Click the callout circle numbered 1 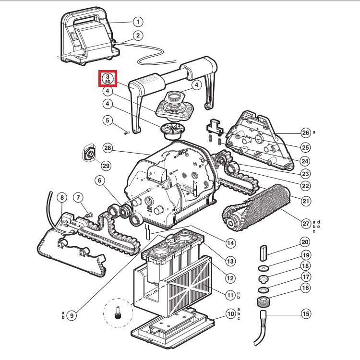tap(138, 22)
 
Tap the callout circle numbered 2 tap(138, 35)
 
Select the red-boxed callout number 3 tap(108, 78)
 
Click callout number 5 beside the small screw tap(108, 120)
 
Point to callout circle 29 tap(106, 166)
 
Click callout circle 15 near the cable tap(305, 314)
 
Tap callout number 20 tap(305, 242)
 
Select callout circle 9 tap(72, 315)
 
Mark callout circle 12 tap(231, 277)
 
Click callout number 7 tap(78, 197)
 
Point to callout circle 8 tap(61, 197)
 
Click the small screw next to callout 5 tap(126, 133)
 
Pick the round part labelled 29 tap(89, 153)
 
